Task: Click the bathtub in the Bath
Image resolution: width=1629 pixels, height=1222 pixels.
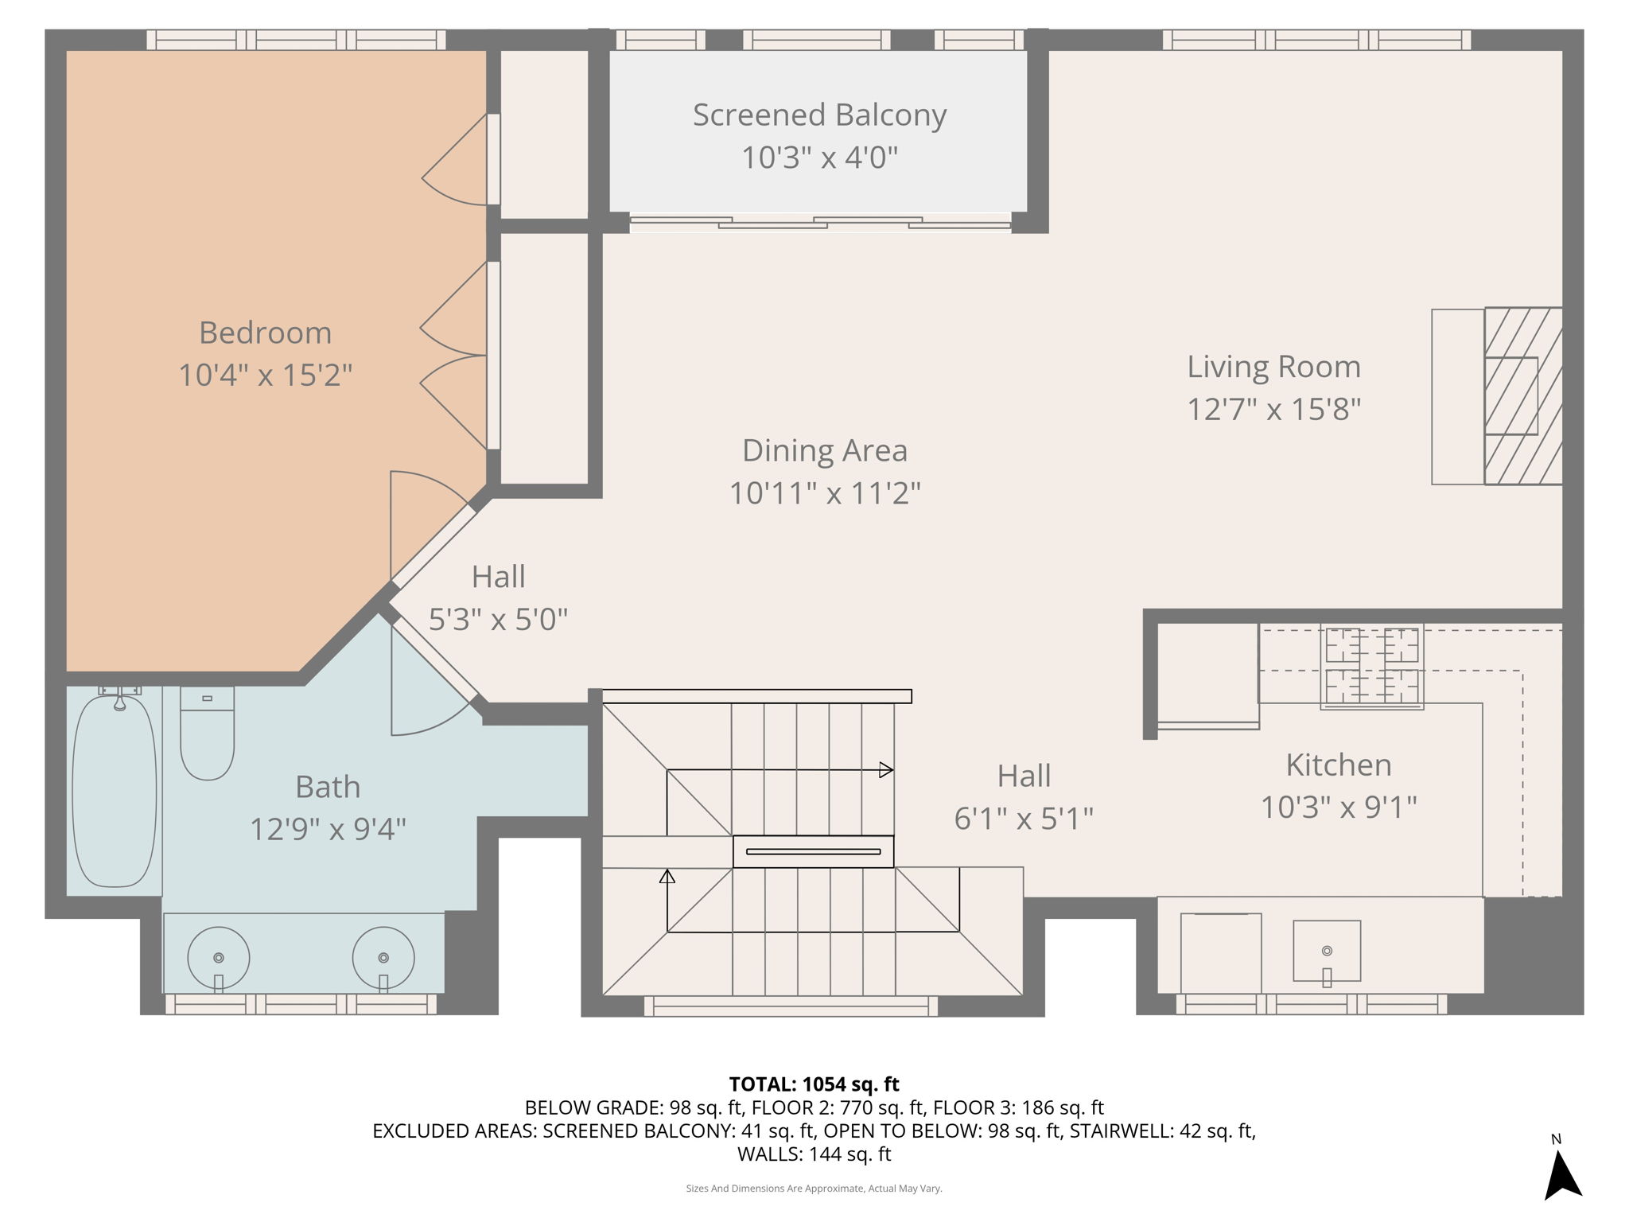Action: [x=115, y=791]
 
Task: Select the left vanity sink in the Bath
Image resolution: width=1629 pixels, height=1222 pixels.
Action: [x=219, y=959]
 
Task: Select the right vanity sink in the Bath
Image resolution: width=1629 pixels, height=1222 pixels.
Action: [x=383, y=959]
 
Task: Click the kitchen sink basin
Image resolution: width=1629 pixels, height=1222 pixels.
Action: [x=1326, y=952]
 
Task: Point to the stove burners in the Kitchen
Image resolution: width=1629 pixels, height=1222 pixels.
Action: [x=1371, y=667]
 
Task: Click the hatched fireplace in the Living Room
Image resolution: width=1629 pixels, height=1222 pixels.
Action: [x=1522, y=396]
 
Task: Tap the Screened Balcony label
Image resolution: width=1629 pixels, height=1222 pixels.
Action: [x=819, y=115]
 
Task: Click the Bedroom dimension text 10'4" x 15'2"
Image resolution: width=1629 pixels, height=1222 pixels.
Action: [x=265, y=375]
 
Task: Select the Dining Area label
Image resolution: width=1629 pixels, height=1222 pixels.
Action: [x=824, y=451]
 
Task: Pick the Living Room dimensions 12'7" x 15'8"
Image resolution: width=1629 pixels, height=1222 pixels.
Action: [x=1273, y=410]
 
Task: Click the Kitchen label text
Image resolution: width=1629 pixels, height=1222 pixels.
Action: [x=1339, y=765]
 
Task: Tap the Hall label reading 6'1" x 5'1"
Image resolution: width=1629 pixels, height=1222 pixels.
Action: [x=1024, y=818]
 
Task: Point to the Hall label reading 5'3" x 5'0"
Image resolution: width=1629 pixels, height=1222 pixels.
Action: [x=498, y=619]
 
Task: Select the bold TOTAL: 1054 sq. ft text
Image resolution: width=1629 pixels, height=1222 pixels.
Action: [x=814, y=1084]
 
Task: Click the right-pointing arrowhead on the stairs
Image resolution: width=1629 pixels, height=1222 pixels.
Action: [x=885, y=770]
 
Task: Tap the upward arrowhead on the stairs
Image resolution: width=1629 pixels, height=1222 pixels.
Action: [x=667, y=877]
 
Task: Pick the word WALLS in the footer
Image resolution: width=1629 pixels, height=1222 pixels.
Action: [x=769, y=1154]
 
